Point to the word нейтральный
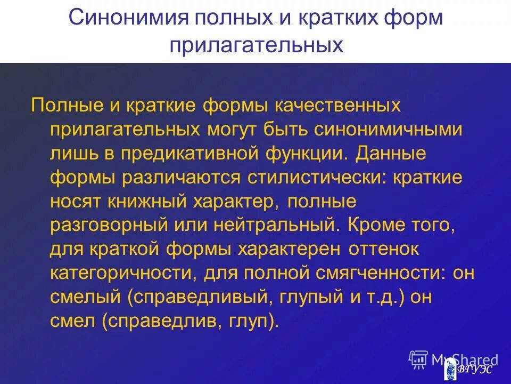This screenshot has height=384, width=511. [x=276, y=226]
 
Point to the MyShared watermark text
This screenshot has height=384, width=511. [x=464, y=360]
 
